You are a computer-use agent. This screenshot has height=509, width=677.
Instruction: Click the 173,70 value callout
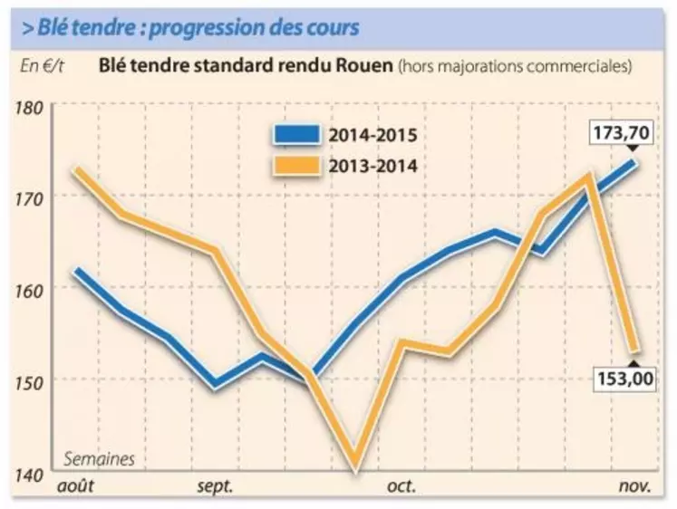point(621,133)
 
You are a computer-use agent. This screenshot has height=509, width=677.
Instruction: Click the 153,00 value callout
point(624,379)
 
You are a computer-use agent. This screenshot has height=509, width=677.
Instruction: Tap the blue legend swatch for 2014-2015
point(297,136)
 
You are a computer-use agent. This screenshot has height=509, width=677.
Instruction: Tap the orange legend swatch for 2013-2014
point(297,166)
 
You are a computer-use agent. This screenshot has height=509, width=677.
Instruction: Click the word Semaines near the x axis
point(99,459)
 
